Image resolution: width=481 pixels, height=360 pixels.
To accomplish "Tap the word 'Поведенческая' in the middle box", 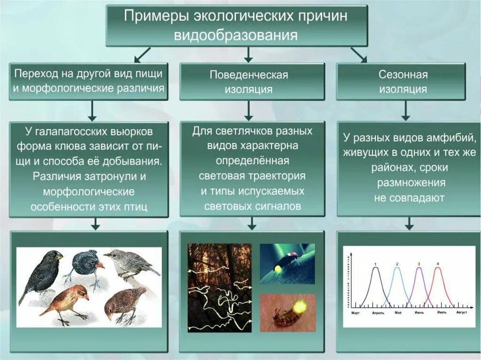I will coord(248,75).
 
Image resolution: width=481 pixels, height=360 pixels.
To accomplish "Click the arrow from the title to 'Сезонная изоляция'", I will coord(359,55).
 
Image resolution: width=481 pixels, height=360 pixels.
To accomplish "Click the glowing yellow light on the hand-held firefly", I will coord(299,307).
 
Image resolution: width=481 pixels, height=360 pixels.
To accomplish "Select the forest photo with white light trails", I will coord(219,287).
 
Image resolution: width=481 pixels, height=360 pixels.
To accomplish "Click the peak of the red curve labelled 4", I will coord(438,268).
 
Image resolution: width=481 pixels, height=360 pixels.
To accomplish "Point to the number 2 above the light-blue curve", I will coord(397,264).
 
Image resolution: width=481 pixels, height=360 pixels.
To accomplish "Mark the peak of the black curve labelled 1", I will coord(375,268).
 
